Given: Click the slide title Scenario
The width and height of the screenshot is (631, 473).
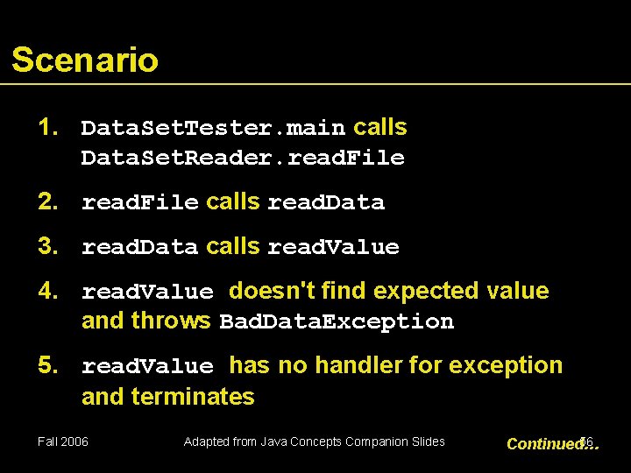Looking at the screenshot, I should tap(85, 60).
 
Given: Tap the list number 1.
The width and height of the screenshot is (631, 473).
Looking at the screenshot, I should tap(47, 128).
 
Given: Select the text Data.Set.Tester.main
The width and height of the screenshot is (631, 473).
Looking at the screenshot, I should tap(213, 129).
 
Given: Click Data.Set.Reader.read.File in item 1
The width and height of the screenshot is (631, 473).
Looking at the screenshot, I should tap(243, 159).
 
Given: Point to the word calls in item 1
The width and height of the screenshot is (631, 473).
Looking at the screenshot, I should tap(379, 128).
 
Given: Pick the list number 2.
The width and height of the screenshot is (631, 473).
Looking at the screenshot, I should tap(47, 202).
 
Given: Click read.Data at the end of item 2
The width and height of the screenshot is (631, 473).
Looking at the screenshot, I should tap(325, 203).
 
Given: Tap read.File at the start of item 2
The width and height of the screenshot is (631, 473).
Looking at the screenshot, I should tap(139, 203).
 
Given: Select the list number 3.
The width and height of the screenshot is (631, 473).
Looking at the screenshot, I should tap(47, 247).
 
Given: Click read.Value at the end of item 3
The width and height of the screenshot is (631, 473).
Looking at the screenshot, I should tap(332, 248).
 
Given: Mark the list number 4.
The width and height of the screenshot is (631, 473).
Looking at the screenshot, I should tap(47, 291).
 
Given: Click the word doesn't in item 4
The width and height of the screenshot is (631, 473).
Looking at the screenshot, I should tap(267, 291).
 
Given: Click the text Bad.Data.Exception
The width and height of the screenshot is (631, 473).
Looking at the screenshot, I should tap(337, 322).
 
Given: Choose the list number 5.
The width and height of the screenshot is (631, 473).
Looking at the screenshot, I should tap(47, 365).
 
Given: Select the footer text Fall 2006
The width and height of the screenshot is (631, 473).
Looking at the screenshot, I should tap(63, 441).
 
